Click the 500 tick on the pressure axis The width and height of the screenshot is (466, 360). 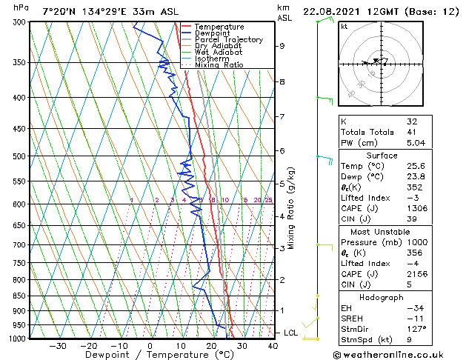click(20, 156)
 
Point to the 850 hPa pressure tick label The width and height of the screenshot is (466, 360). click(20, 296)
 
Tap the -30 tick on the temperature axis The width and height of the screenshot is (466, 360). click(57, 346)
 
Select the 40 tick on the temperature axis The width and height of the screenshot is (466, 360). click(273, 346)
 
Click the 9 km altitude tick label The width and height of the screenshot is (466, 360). click(282, 46)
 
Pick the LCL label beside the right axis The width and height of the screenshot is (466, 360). click(290, 333)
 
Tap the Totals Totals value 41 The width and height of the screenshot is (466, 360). click(413, 132)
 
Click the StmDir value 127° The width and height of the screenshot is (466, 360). click(416, 328)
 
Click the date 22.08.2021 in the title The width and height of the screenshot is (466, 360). click(335, 11)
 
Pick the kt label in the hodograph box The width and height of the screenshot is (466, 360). click(344, 27)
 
